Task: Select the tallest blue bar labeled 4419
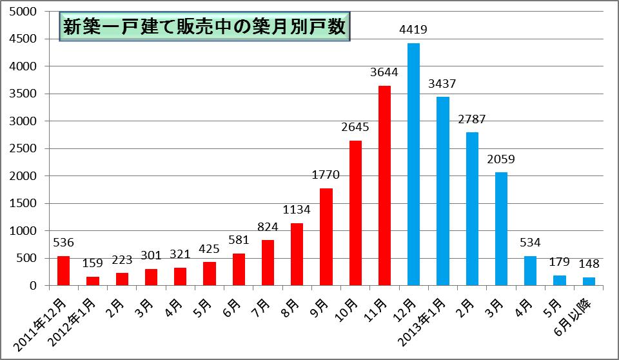click(x=413, y=164)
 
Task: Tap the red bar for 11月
click(x=384, y=185)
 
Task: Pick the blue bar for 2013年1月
click(x=442, y=191)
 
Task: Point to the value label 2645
click(x=355, y=128)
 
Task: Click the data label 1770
click(x=326, y=175)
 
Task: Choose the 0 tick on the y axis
click(x=40, y=285)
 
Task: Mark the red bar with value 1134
click(x=297, y=254)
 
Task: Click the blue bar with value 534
click(x=530, y=270)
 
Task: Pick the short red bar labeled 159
click(x=92, y=281)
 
